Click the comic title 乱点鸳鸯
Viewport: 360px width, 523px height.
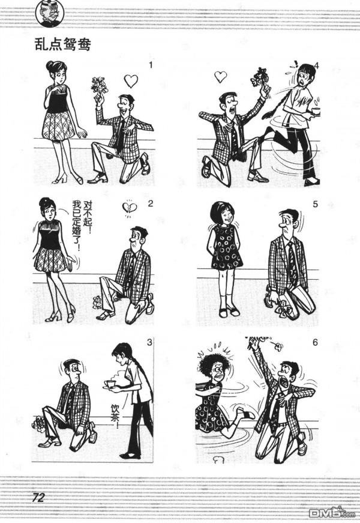[x=62, y=44]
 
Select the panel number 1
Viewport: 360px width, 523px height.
[x=151, y=65]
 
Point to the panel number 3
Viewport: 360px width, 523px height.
[x=150, y=342]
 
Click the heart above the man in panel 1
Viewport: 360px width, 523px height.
[x=131, y=80]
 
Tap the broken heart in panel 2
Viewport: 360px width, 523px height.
[x=128, y=208]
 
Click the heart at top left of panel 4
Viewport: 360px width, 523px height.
[x=221, y=77]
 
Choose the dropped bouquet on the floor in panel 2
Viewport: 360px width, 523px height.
[x=97, y=302]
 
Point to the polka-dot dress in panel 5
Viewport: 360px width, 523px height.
[x=227, y=247]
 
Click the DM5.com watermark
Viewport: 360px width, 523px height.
[x=334, y=512]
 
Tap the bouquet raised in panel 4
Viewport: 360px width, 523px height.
[x=260, y=77]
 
